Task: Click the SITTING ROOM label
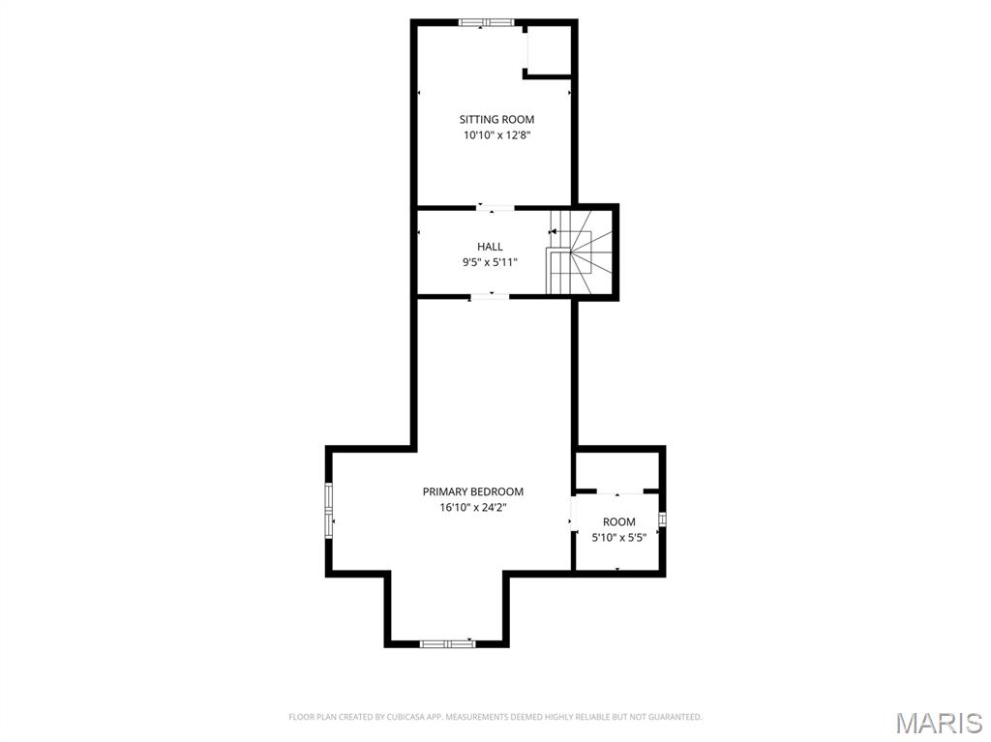coord(496,120)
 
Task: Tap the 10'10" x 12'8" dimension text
coord(496,136)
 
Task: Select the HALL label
coord(490,247)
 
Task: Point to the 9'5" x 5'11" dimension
coord(490,262)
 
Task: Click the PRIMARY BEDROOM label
coord(472,491)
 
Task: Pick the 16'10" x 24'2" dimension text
coord(472,508)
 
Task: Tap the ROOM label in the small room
coord(619,522)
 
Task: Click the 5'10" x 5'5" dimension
coord(619,538)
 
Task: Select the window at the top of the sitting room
coord(487,22)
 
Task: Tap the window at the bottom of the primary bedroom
coord(447,643)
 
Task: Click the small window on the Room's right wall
coord(663,521)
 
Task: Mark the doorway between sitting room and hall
coord(495,207)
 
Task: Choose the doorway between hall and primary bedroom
coord(491,296)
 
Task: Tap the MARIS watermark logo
coord(939,723)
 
